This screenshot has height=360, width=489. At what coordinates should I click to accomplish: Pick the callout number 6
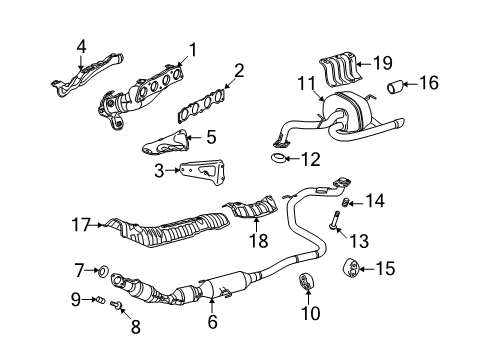pos(212,322)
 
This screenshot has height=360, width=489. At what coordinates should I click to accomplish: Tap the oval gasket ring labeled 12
pos(278,156)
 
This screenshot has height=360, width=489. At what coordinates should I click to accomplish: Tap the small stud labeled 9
pos(102,297)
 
